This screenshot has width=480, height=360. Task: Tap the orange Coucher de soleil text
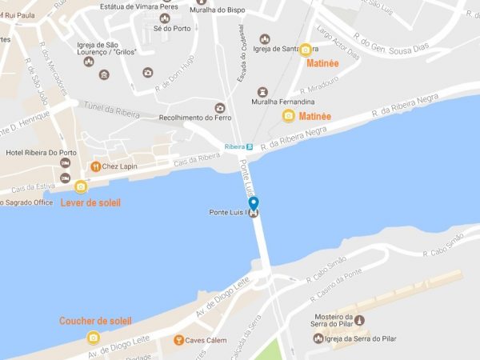(95, 321)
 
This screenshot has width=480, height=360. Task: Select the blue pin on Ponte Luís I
(254, 205)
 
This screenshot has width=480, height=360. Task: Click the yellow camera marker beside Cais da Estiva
(80, 187)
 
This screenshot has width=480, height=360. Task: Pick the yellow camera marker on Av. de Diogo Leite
(94, 338)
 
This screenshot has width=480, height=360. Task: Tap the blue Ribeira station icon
(250, 146)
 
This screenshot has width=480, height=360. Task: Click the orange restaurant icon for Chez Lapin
(95, 166)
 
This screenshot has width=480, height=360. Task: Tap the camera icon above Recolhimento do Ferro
(219, 108)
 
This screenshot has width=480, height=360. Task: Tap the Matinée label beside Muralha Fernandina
(314, 116)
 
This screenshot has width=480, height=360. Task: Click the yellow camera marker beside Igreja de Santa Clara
(306, 50)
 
